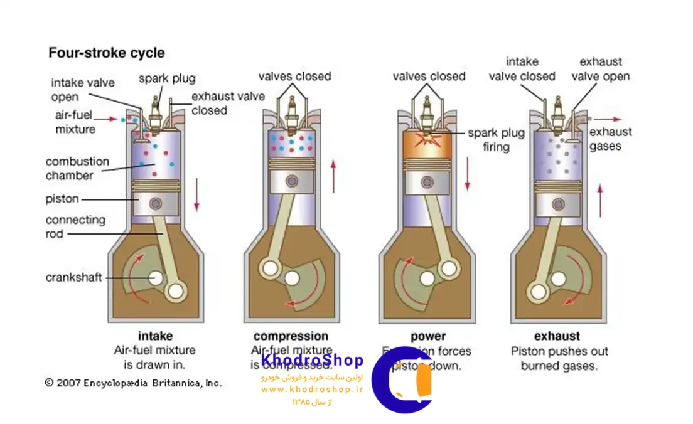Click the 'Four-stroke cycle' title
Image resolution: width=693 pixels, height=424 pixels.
(x=107, y=53)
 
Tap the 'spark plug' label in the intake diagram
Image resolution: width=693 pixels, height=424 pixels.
(x=167, y=79)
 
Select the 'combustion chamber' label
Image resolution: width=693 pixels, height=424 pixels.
(x=77, y=168)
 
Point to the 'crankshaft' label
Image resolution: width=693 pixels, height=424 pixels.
(x=73, y=277)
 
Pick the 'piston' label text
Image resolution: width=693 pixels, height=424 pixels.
(x=62, y=199)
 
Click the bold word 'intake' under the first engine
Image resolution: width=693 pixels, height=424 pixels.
(x=154, y=336)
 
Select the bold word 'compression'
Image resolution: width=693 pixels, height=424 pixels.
(x=291, y=336)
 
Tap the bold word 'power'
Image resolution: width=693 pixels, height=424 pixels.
(x=428, y=336)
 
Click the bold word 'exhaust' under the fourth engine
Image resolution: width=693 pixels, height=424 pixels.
(x=557, y=336)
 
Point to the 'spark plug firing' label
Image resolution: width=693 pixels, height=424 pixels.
(x=496, y=140)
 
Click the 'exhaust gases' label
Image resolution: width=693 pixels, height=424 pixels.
(x=610, y=139)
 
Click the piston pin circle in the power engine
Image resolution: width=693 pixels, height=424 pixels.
(x=427, y=181)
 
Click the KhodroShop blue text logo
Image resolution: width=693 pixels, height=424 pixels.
(x=312, y=361)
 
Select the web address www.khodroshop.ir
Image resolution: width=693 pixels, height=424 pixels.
(x=312, y=390)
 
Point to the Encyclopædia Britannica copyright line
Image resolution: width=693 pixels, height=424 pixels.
(x=133, y=382)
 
